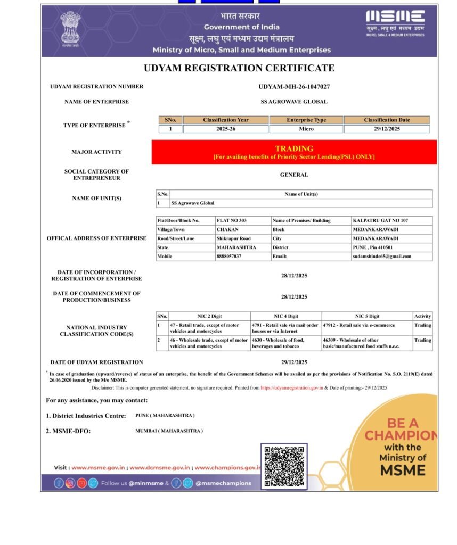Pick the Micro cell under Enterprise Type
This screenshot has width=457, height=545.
[306, 129]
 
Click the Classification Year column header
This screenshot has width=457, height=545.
[225, 120]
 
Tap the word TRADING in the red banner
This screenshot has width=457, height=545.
[294, 148]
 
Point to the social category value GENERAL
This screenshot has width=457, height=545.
[293, 175]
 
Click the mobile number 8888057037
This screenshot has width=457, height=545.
[229, 256]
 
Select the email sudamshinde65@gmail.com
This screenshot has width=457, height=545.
[382, 256]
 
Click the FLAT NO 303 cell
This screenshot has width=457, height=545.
[232, 220]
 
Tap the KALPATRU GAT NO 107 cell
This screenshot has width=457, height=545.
[380, 220]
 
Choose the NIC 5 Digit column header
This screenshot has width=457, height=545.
[368, 316]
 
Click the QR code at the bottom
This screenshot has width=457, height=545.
[284, 467]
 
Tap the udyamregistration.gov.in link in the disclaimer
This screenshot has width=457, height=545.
[292, 388]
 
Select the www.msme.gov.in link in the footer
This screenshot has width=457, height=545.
[98, 467]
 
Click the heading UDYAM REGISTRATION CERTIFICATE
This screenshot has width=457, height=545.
[239, 68]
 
